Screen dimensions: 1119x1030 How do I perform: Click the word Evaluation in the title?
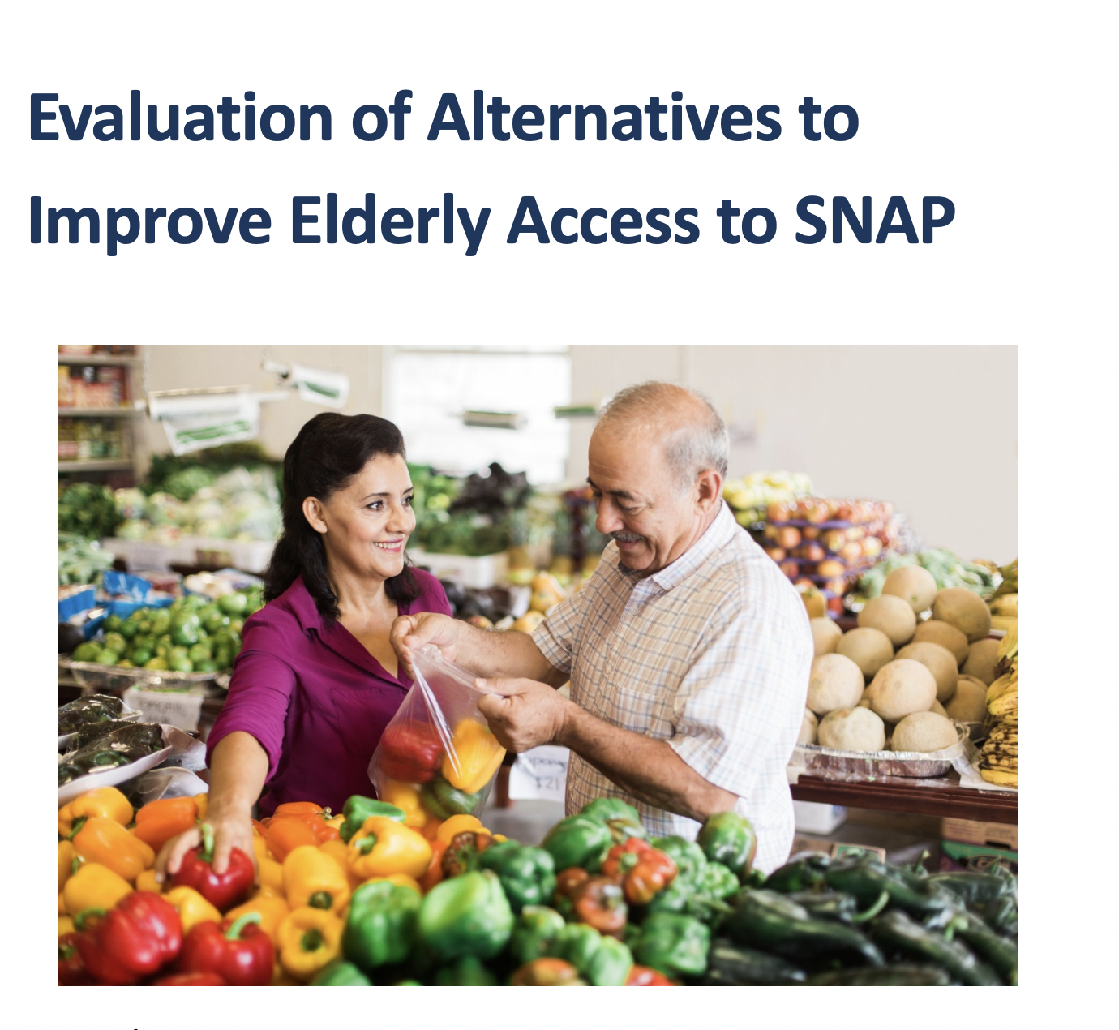click(181, 117)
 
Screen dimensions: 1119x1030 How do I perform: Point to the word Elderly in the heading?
click(390, 223)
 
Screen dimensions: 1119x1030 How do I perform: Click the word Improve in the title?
click(150, 223)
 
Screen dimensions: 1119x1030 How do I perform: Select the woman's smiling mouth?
click(389, 545)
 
